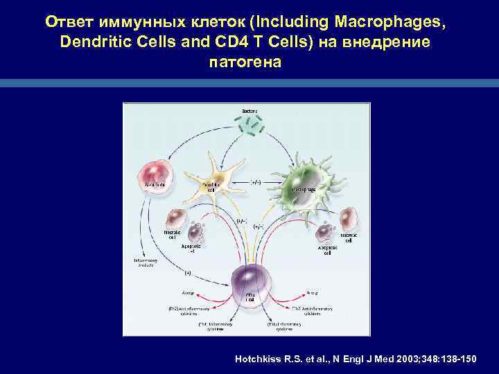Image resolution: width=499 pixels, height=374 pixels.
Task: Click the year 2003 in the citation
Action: coord(412,359)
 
